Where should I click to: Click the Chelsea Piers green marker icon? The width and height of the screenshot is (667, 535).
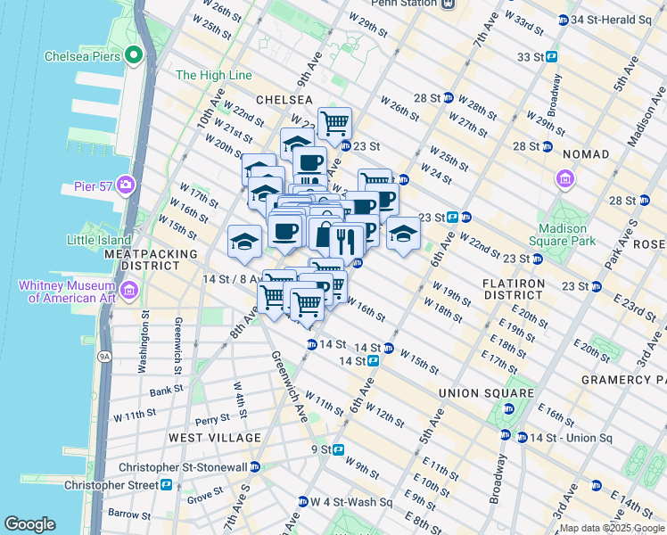pos(134,56)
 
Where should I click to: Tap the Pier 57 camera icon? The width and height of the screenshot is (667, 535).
pos(125,185)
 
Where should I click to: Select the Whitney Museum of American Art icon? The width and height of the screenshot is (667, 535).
pos(129,291)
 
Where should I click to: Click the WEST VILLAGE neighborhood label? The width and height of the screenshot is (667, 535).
pos(215,438)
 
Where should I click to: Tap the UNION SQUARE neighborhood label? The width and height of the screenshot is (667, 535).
pos(486,392)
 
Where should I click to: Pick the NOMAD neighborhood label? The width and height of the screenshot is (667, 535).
pos(584,154)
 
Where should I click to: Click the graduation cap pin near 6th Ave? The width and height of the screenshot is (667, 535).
pos(403,235)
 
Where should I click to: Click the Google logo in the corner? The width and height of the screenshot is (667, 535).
pos(29,524)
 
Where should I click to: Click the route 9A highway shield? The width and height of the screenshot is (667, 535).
pos(103,357)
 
